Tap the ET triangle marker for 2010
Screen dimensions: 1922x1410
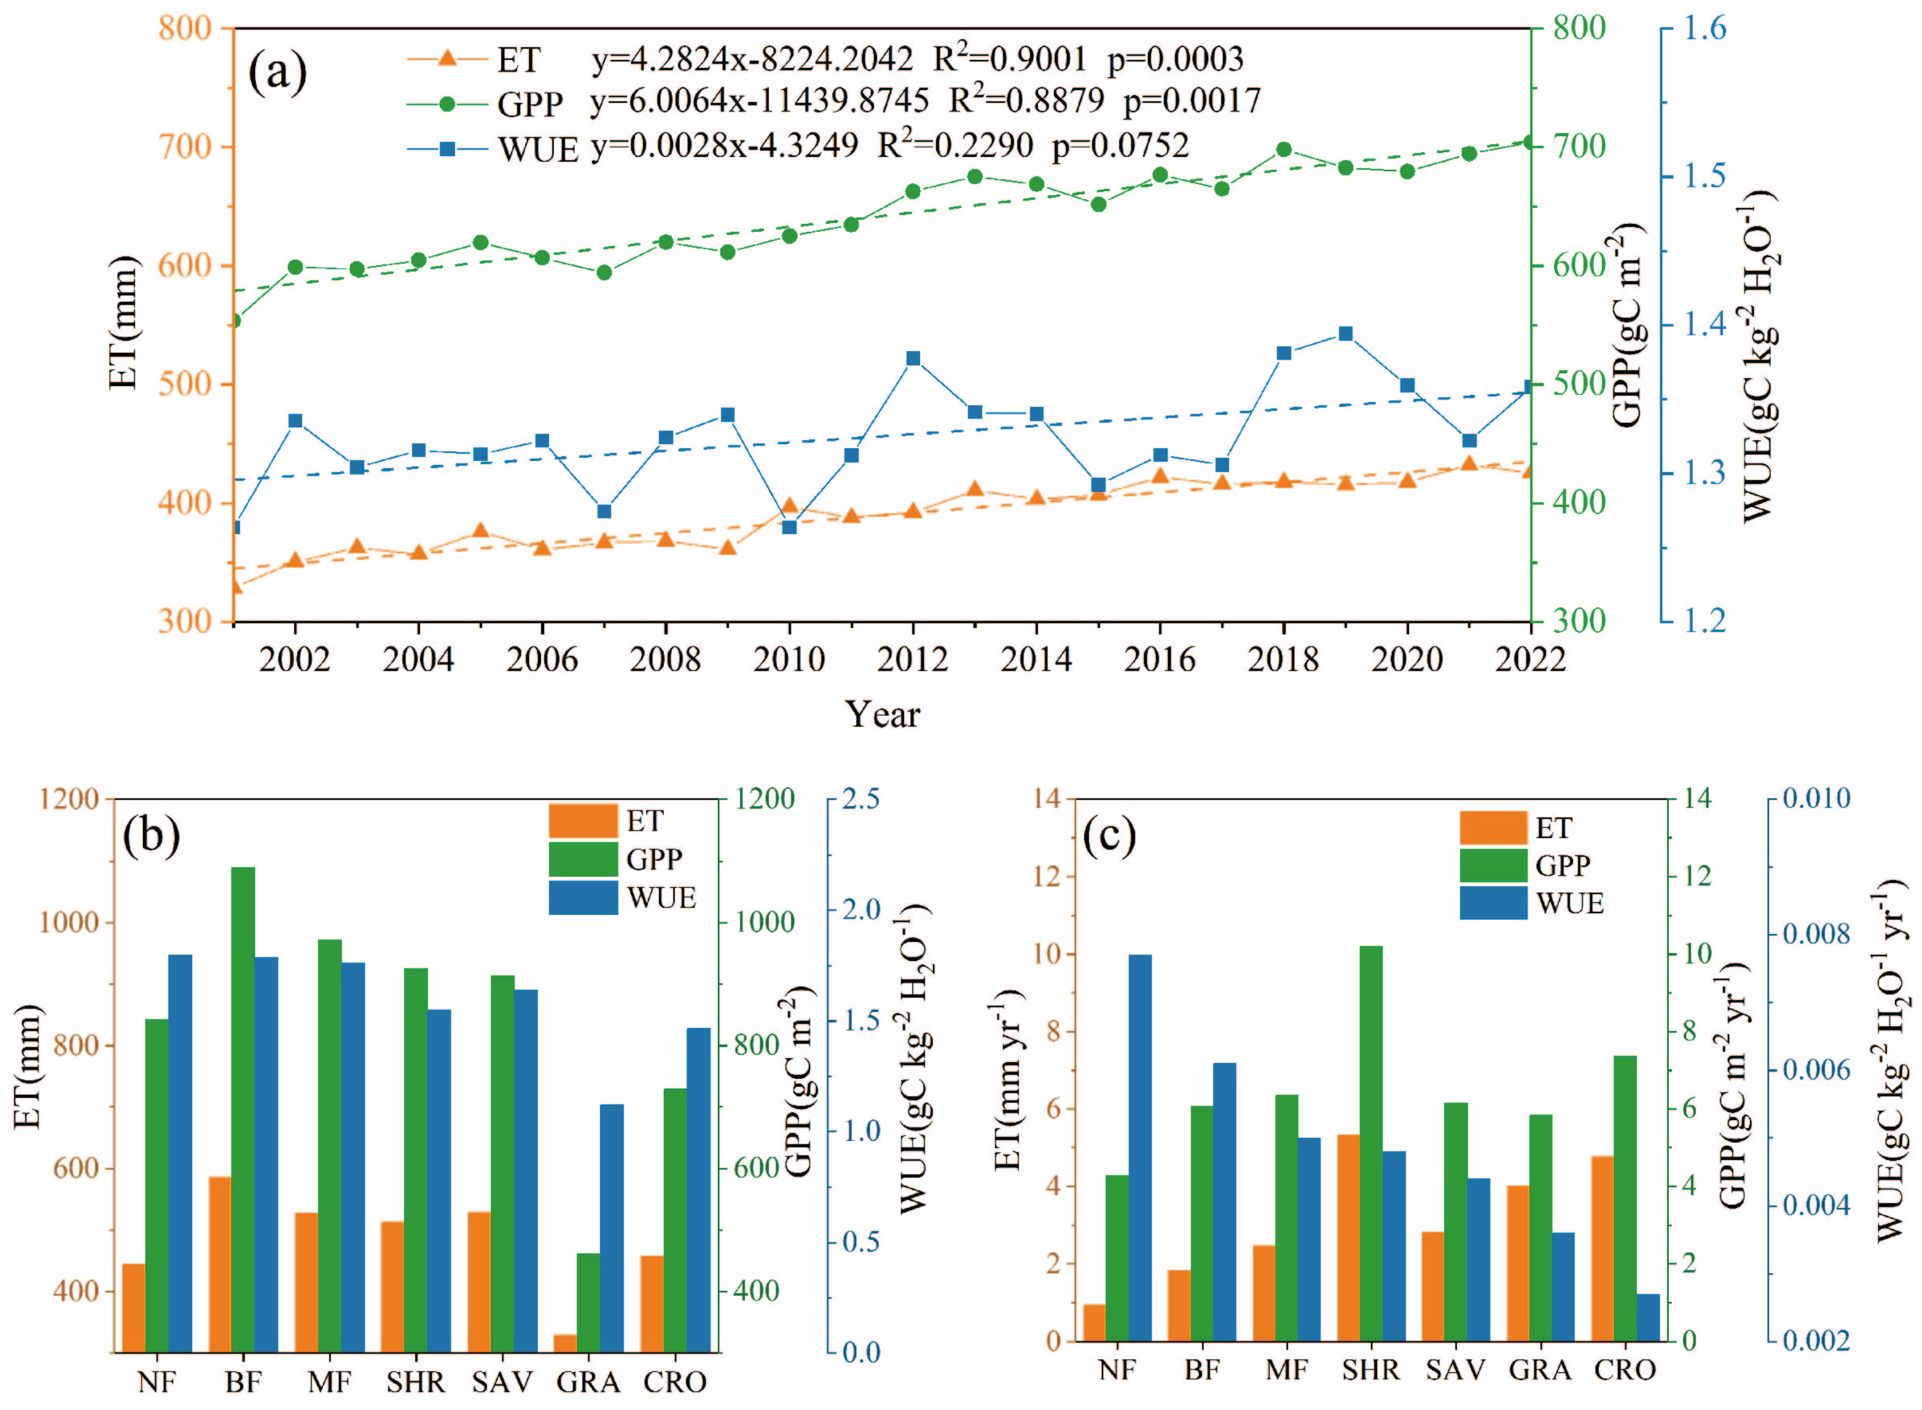tap(789, 505)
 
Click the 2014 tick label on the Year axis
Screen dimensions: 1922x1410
tap(1036, 660)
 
